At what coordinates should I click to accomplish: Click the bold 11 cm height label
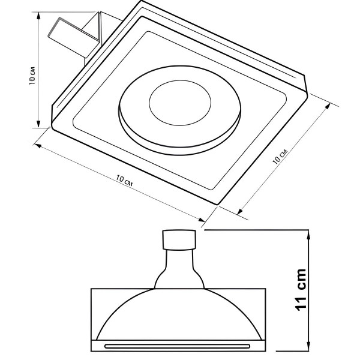click(x=301, y=290)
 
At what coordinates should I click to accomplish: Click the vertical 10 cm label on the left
click(x=32, y=76)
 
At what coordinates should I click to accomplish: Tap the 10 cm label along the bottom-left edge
click(x=124, y=181)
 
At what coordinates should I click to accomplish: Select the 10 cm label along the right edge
click(x=280, y=157)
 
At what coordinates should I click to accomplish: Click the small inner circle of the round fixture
click(x=180, y=103)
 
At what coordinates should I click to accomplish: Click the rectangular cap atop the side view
click(x=179, y=239)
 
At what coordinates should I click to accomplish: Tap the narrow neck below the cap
click(x=179, y=259)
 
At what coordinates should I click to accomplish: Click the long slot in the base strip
click(x=177, y=346)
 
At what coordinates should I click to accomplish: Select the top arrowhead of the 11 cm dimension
click(x=309, y=233)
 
